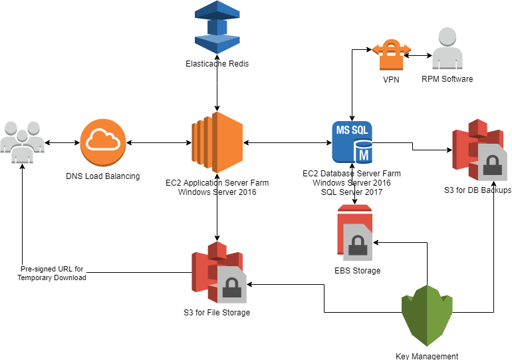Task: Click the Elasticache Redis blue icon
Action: [217, 28]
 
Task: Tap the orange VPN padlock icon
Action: [391, 54]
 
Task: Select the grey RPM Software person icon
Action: [447, 51]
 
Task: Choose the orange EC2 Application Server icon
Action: [217, 142]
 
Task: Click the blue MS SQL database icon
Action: [352, 142]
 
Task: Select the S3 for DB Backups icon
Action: [479, 152]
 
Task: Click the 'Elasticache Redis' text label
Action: [217, 64]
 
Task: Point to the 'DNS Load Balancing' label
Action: [103, 176]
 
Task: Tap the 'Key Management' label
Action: [427, 356]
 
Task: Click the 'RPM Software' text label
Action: [447, 79]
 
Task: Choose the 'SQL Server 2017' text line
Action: [352, 191]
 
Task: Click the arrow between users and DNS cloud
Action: [63, 142]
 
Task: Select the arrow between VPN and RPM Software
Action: [418, 55]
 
